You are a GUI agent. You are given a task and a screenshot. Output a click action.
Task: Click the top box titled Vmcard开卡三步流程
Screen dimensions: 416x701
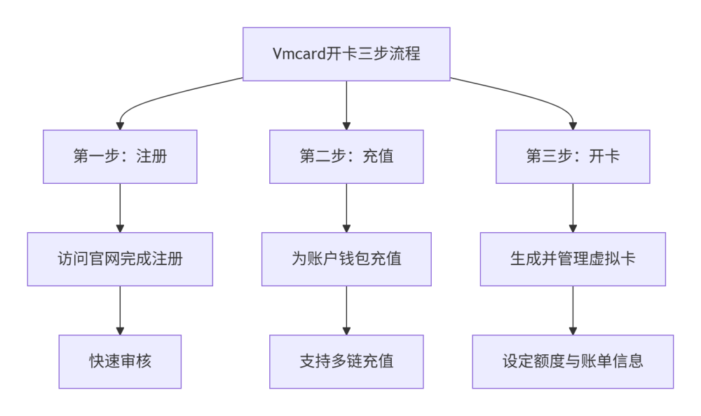(346, 54)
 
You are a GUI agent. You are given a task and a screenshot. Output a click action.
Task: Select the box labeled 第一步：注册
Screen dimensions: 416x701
(120, 156)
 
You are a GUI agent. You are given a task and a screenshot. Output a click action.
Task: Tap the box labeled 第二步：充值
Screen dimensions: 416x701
(346, 156)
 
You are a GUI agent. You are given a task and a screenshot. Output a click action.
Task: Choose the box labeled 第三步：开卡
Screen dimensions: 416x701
(573, 156)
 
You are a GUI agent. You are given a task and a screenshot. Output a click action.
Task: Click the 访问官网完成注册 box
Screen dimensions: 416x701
(120, 259)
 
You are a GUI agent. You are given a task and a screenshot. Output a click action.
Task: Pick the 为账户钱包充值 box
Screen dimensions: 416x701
(346, 259)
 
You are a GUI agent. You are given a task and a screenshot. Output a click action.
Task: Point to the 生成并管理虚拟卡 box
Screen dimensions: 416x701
(573, 259)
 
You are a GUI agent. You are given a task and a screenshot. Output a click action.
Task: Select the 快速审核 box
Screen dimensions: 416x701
(120, 361)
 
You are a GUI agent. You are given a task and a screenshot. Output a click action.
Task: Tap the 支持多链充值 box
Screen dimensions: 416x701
(346, 361)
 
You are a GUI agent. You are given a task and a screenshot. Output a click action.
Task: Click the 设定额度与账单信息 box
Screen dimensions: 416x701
(573, 361)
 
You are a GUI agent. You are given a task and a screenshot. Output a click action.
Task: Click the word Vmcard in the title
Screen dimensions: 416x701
(297, 54)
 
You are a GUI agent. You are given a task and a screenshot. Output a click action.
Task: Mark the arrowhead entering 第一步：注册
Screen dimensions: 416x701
(120, 126)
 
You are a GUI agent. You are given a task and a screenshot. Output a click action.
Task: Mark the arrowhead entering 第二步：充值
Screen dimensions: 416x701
(346, 126)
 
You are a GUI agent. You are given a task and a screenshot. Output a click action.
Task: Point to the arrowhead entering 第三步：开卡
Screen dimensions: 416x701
(573, 126)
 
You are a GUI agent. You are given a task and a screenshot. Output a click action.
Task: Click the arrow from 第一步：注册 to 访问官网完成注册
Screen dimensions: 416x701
(120, 207)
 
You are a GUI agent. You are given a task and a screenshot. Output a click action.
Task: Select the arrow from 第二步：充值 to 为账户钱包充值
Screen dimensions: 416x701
(346, 207)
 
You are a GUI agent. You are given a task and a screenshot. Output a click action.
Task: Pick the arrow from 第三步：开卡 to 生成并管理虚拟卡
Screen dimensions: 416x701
(573, 207)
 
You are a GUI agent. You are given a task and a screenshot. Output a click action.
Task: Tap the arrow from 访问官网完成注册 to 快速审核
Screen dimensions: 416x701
(120, 309)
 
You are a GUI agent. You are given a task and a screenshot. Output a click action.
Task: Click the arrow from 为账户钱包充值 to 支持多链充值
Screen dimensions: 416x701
(346, 309)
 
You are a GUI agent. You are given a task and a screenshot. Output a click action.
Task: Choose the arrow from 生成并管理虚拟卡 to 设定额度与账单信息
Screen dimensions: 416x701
(573, 309)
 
